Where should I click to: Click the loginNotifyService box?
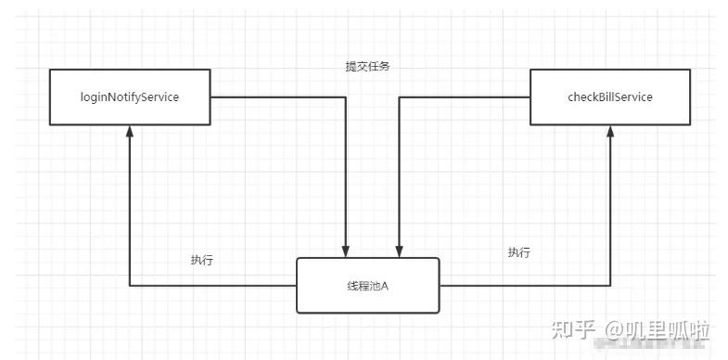click(130, 97)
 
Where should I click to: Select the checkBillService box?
click(610, 97)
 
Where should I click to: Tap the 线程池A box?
click(368, 286)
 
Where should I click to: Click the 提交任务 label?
click(368, 67)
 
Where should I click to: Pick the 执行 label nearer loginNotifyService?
click(202, 260)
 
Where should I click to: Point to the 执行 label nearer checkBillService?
click(519, 252)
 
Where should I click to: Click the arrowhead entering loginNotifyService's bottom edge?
click(130, 131)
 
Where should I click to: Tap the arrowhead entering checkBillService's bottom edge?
click(610, 131)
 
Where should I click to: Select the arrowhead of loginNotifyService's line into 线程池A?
click(345, 251)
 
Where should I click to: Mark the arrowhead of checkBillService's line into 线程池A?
click(400, 251)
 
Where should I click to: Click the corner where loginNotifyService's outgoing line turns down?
click(345, 97)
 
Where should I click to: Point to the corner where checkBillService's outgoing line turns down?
click(400, 97)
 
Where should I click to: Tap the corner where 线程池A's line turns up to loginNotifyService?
click(130, 286)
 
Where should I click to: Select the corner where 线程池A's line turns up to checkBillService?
click(610, 286)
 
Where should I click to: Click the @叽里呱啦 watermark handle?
click(657, 330)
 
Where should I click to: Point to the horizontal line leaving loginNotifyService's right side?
click(278, 97)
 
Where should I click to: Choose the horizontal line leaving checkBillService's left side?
click(465, 97)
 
